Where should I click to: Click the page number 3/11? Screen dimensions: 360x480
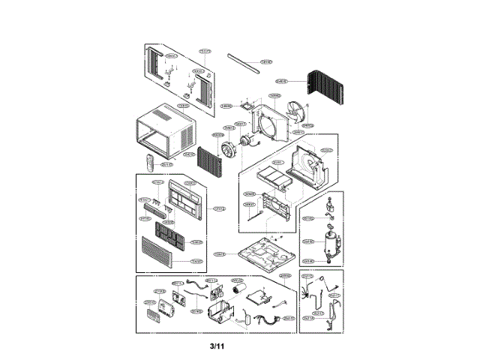(x=217, y=346)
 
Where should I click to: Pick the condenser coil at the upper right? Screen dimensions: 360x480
(x=324, y=90)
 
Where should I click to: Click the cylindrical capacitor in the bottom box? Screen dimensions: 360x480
(x=239, y=290)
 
